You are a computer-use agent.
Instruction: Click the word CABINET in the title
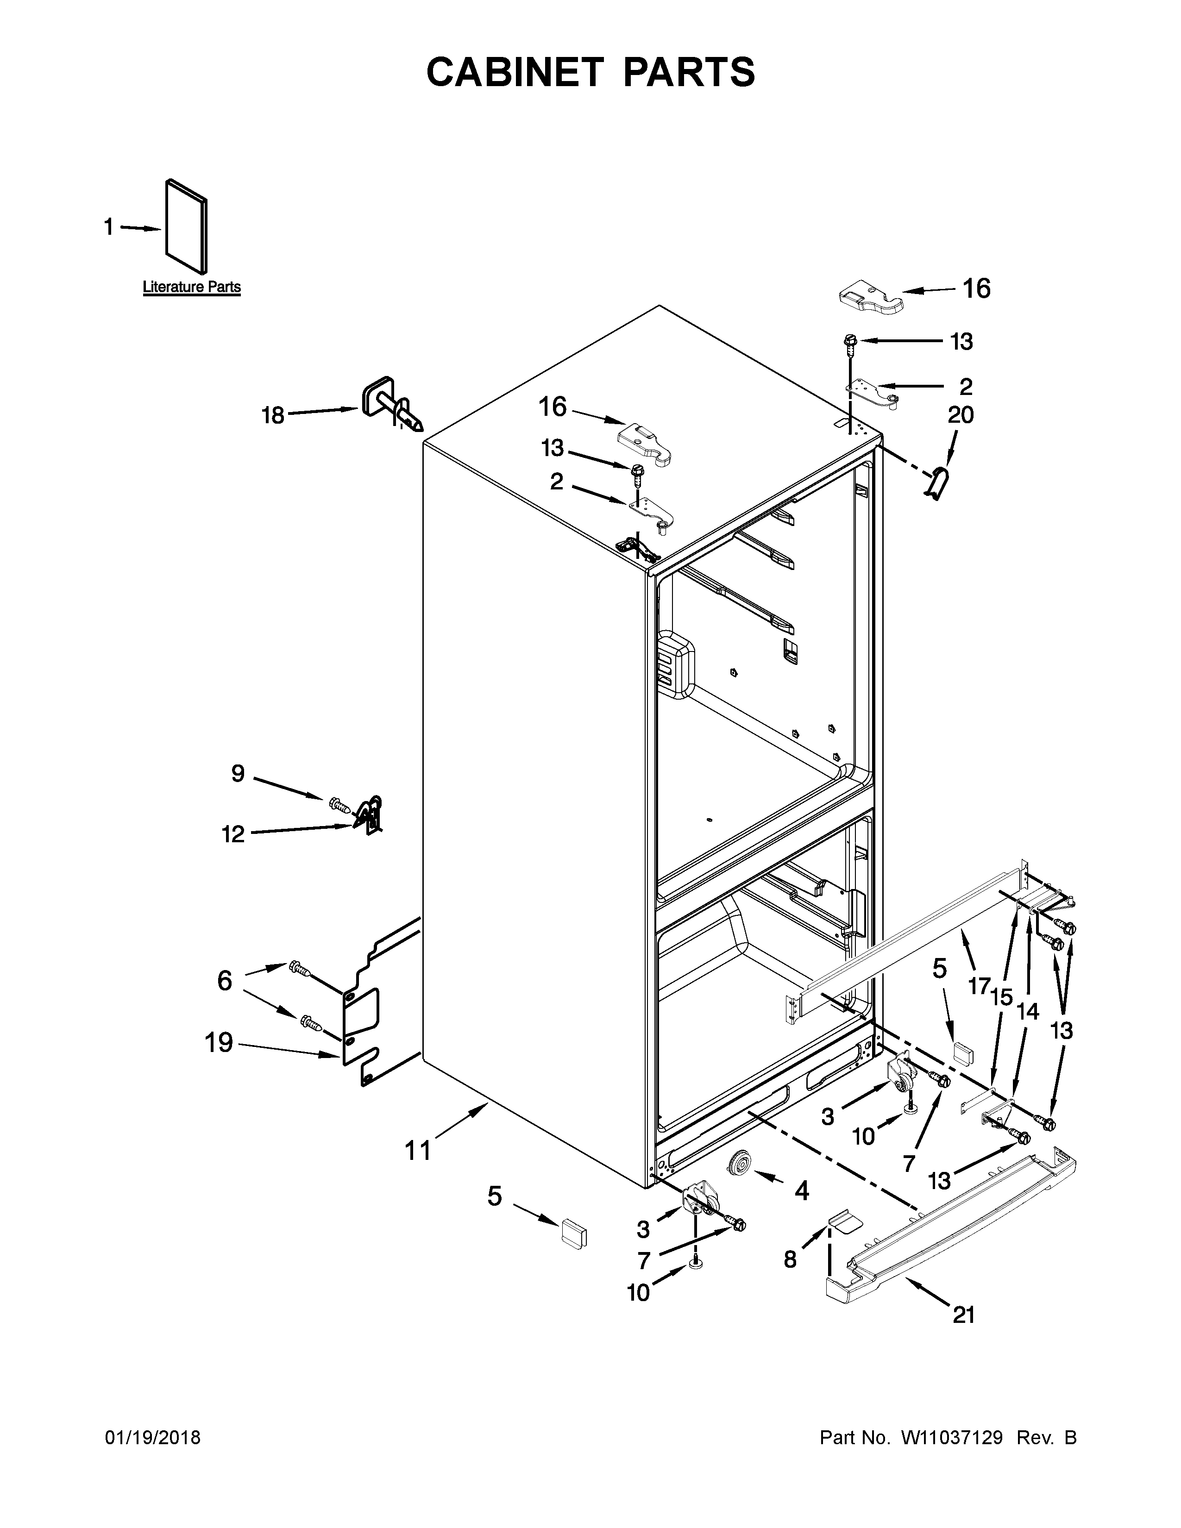pyautogui.click(x=514, y=72)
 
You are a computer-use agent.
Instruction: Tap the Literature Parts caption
pyautogui.click(x=192, y=287)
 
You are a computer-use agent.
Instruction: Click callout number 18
pyautogui.click(x=273, y=416)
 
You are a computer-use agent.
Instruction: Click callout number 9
pyautogui.click(x=238, y=773)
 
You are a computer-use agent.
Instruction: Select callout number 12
pyautogui.click(x=234, y=834)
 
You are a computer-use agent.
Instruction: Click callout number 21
pyautogui.click(x=963, y=1315)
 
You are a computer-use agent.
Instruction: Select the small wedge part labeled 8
pyautogui.click(x=842, y=1222)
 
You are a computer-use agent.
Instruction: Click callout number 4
pyautogui.click(x=801, y=1190)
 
